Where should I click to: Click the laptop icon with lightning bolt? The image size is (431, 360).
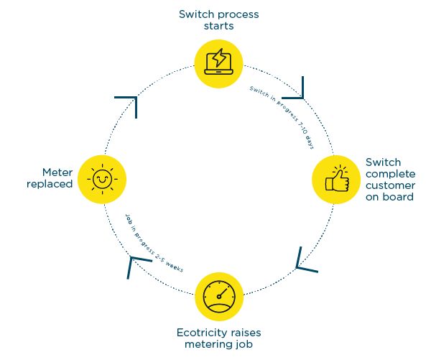(218, 61)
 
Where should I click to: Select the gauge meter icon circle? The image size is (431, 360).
(218, 295)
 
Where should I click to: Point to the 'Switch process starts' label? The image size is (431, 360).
(218, 19)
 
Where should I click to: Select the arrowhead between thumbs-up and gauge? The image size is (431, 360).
(303, 262)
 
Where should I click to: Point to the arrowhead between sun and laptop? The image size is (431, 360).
(130, 102)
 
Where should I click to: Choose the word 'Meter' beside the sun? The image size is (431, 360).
(57, 172)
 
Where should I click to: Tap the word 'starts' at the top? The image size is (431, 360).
(218, 26)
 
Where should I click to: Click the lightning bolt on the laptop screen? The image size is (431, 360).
(220, 57)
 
